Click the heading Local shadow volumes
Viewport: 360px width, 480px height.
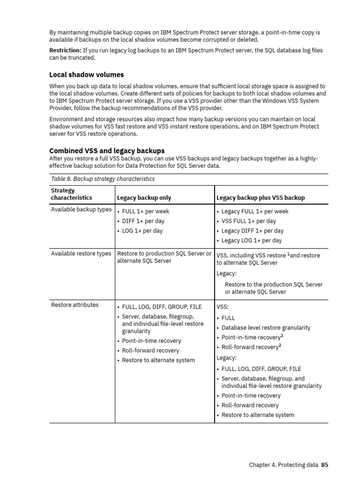pos(87,75)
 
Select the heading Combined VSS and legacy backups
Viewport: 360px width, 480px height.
pos(107,150)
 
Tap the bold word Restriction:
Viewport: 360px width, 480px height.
pos(65,50)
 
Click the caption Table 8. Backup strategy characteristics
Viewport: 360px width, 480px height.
pos(103,179)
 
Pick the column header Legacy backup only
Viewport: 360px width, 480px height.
pos(144,197)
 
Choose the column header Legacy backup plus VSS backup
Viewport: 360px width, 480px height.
pos(260,197)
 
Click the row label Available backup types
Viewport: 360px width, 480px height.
pos(81,210)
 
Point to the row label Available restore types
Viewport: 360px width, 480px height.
pos(81,254)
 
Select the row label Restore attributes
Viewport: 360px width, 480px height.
pos(75,305)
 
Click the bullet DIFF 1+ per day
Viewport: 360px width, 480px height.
pos(143,221)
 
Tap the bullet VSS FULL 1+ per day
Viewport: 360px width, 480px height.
pos(248,221)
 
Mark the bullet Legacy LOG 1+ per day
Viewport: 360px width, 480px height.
pos(251,240)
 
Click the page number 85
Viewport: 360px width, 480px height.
pos(324,465)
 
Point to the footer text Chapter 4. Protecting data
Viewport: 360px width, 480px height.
pos(283,465)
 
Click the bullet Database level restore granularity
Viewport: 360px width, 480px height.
pos(266,328)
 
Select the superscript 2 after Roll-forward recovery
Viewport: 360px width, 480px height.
pos(280,345)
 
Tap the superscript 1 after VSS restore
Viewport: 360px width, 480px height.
pos(288,254)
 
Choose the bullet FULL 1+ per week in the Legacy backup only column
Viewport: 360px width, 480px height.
pos(146,211)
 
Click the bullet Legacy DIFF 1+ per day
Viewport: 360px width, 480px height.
pos(252,231)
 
